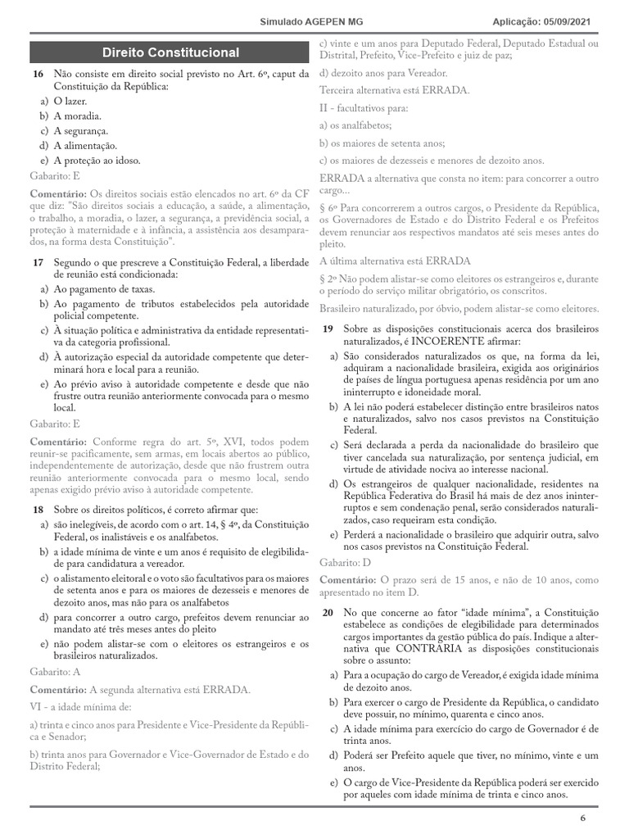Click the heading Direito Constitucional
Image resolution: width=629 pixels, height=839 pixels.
pyautogui.click(x=170, y=53)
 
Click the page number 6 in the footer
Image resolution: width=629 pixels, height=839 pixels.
pyautogui.click(x=583, y=819)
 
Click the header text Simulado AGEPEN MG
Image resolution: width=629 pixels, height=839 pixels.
pyautogui.click(x=307, y=22)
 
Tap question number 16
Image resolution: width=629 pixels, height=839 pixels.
pyautogui.click(x=38, y=74)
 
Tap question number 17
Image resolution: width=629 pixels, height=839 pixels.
pyautogui.click(x=38, y=261)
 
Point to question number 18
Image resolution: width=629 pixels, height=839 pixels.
pyautogui.click(x=38, y=510)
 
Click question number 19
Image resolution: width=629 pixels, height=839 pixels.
pyautogui.click(x=327, y=329)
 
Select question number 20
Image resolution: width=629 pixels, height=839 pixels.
pyautogui.click(x=327, y=612)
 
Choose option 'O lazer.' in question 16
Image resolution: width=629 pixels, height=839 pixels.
pyautogui.click(x=70, y=101)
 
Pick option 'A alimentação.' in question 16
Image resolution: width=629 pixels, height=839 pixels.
pyautogui.click(x=85, y=145)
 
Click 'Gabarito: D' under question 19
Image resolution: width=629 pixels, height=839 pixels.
pyautogui.click(x=345, y=564)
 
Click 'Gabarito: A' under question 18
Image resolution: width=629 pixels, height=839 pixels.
pyautogui.click(x=56, y=671)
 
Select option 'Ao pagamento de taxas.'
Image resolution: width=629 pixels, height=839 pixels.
pyautogui.click(x=103, y=289)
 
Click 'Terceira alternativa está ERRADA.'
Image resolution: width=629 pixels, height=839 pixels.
pyautogui.click(x=394, y=90)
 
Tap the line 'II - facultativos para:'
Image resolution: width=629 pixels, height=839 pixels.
pyautogui.click(x=364, y=107)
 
